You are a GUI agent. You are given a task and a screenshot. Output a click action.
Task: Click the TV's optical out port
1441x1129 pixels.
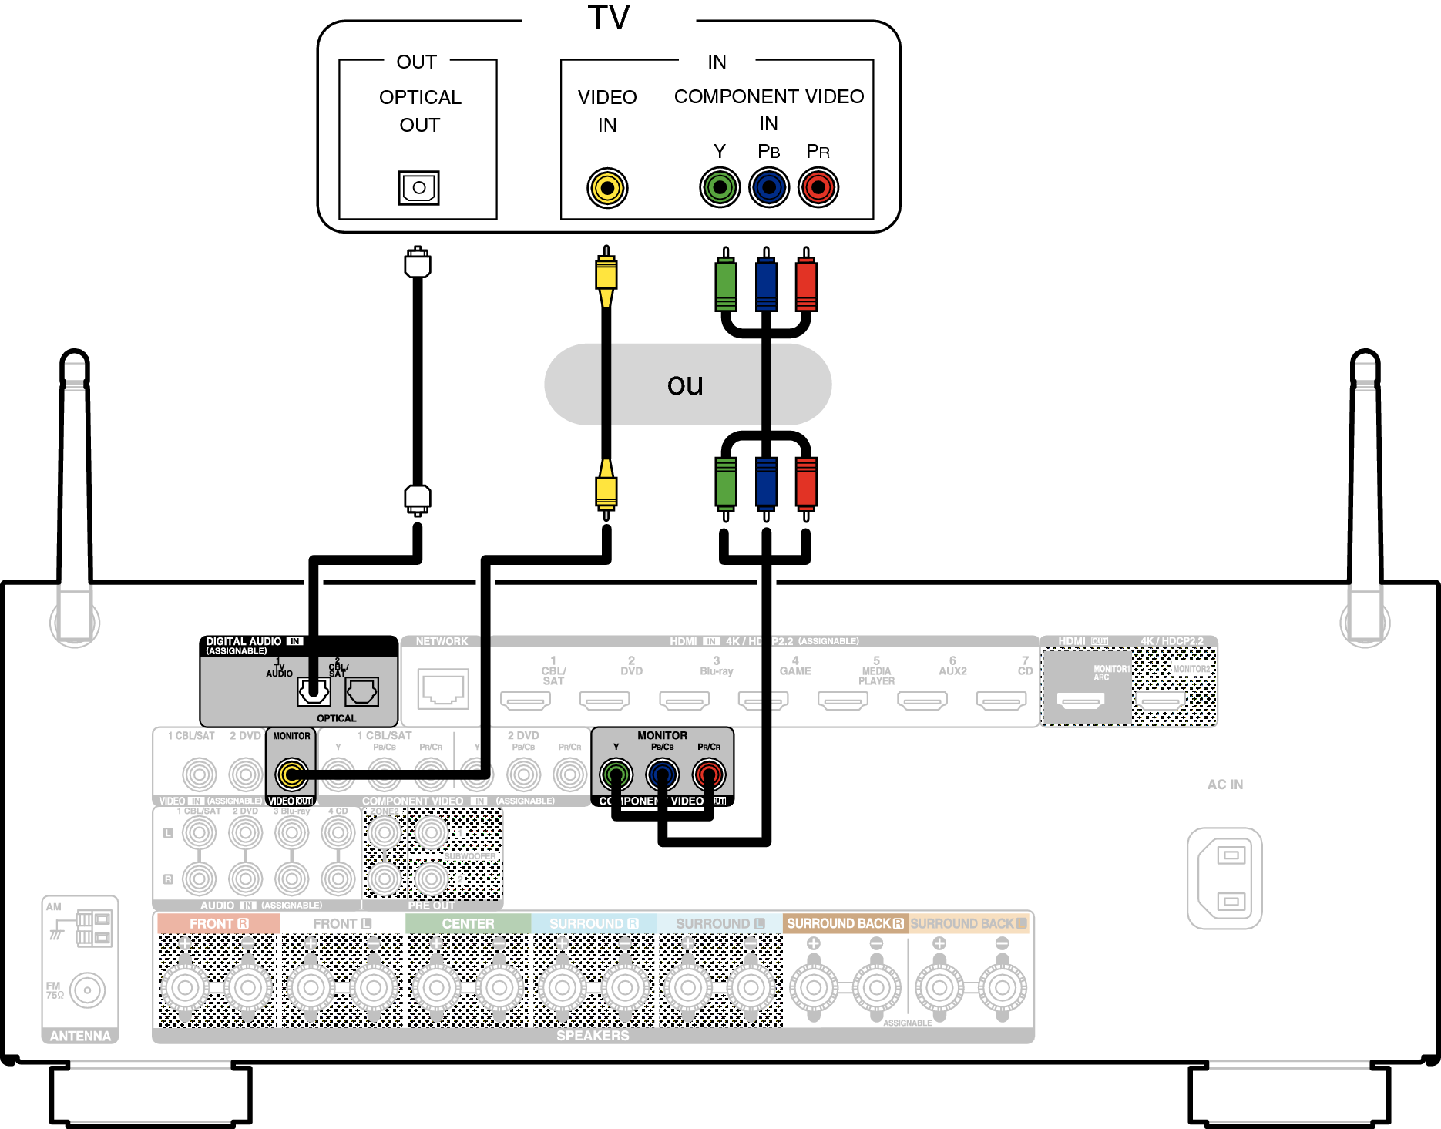coord(418,187)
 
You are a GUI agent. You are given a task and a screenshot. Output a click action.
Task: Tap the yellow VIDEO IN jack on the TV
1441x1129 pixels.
coord(607,187)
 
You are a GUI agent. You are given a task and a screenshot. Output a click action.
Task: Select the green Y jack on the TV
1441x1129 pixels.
coord(720,187)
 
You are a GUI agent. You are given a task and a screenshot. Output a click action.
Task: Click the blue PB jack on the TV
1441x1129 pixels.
coord(769,187)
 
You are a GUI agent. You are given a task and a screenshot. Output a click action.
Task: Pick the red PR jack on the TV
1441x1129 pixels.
coord(818,187)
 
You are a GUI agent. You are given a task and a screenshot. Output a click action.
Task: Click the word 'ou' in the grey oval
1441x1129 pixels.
coord(685,385)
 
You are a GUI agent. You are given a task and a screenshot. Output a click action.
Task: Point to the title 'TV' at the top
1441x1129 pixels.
coord(609,18)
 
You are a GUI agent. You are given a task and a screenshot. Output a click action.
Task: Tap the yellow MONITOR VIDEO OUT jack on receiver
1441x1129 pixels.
coord(291,774)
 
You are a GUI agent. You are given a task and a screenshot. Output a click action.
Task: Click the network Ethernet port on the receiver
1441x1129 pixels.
coord(443,688)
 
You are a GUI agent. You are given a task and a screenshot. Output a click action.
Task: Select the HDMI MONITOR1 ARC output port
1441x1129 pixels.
coord(1080,700)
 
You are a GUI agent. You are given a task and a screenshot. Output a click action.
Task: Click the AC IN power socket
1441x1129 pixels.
coord(1224,878)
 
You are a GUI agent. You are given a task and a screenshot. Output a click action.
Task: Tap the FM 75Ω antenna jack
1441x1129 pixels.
coord(87,990)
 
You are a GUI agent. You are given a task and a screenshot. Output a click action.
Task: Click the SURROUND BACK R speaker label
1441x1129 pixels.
coord(845,923)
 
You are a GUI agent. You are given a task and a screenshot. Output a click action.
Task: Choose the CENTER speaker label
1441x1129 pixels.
coord(468,923)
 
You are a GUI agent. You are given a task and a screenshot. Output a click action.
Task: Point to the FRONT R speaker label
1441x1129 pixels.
coord(218,923)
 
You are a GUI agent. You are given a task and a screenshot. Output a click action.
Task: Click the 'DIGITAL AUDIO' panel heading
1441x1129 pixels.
coord(244,641)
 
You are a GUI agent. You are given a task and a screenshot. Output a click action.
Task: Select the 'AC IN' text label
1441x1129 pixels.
coord(1224,785)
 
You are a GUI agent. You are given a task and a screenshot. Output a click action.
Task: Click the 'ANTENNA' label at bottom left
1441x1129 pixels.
coord(80,1036)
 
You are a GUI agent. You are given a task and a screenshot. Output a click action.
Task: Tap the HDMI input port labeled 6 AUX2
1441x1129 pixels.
coord(922,701)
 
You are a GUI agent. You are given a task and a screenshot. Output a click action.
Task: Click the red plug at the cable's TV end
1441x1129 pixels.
coord(806,284)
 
